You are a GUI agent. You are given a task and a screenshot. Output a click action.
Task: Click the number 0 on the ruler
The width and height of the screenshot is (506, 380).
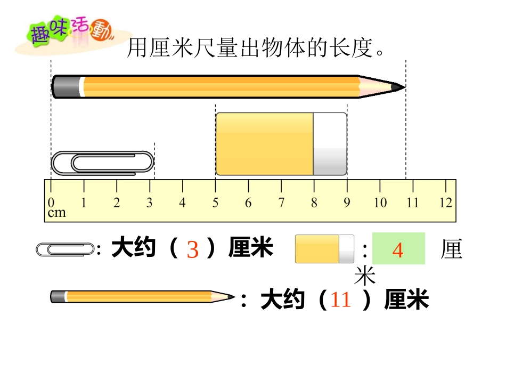point(51,203)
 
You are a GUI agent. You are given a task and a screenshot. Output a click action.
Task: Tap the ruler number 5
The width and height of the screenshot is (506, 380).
point(215,203)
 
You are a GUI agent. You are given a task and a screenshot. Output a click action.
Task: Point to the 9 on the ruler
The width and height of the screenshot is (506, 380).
point(347,203)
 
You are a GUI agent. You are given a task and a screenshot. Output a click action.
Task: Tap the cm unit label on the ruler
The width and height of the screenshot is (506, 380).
point(57,213)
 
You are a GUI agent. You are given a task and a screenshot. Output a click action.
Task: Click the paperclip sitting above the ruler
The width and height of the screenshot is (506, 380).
point(102,163)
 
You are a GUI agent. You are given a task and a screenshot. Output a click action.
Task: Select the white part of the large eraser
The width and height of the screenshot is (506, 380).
point(330,144)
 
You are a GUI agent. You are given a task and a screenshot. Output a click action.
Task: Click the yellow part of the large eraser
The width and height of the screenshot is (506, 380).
point(264,144)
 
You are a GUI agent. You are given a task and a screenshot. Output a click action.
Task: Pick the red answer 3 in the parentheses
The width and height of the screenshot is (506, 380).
point(193,249)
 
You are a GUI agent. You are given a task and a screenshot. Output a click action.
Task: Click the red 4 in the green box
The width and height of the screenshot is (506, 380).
point(398,249)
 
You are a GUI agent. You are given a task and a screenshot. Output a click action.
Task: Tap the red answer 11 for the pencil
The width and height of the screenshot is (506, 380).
point(341,300)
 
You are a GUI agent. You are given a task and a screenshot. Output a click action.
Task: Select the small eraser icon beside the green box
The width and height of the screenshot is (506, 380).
point(324,249)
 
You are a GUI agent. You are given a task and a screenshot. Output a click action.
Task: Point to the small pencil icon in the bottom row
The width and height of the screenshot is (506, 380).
point(142,297)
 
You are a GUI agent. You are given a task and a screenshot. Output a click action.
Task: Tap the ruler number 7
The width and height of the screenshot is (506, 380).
point(281,203)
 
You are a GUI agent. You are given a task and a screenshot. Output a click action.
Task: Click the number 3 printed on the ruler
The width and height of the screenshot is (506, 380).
point(150,203)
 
